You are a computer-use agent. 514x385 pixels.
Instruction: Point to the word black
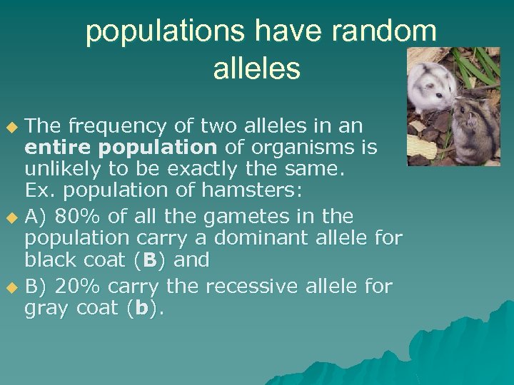pos(51,260)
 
